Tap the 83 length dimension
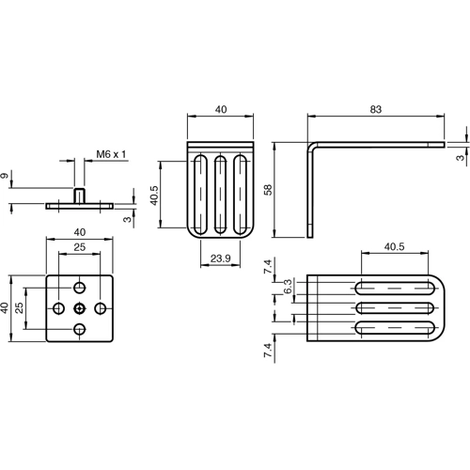pos(375,110)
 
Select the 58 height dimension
pos(268,189)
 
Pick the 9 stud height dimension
pos(8,175)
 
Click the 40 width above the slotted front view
pos(221,110)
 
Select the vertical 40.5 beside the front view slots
pos(154,198)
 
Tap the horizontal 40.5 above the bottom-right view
pos(395,248)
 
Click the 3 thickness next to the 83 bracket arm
pos(460,158)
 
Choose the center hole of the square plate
pos(80,307)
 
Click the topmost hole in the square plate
pos(80,287)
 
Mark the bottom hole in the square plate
pos(80,328)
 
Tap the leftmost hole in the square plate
pos(59,307)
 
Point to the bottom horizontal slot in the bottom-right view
pos(395,327)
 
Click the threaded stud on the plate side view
pos(80,195)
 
